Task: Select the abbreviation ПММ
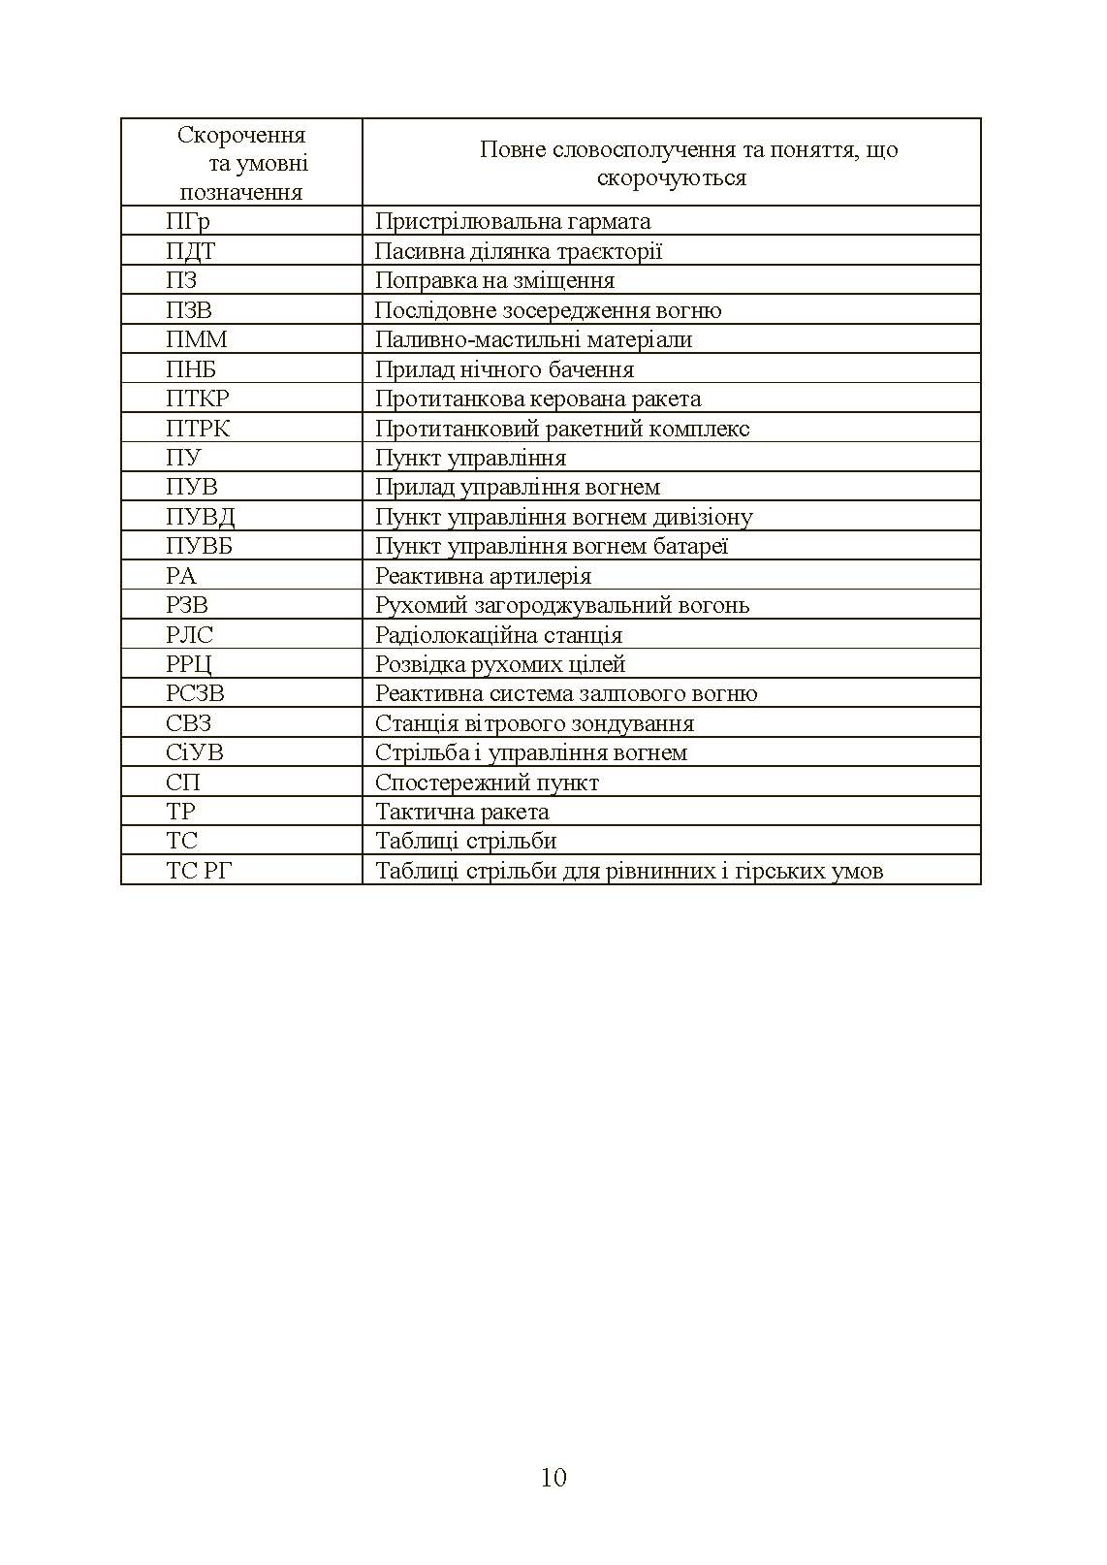point(196,339)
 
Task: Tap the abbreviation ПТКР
point(198,399)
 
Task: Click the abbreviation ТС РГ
point(199,871)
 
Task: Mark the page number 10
point(553,1477)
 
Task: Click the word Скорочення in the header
point(241,136)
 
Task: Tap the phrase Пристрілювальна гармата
point(512,221)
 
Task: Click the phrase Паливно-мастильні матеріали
point(533,339)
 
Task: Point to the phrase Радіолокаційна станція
point(498,635)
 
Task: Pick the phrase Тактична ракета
point(461,812)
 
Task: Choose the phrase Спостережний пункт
point(487,782)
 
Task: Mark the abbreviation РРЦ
point(189,664)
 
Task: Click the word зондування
point(636,723)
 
